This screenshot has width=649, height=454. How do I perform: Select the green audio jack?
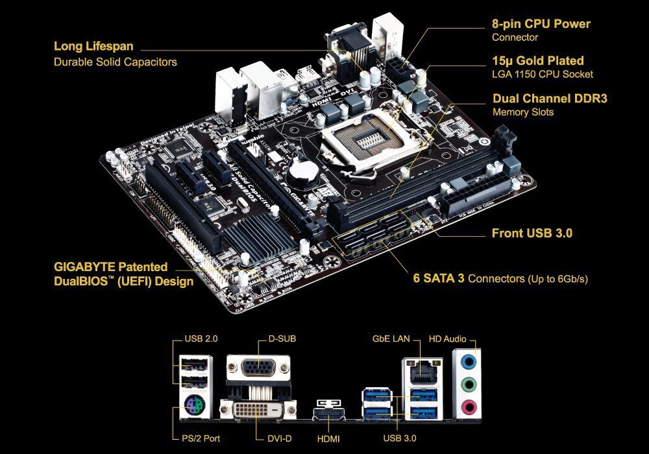coord(469,385)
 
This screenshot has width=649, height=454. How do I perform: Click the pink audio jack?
coord(469,407)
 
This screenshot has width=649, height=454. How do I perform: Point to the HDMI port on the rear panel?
coord(328,414)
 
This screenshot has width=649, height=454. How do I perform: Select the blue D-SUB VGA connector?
coord(259,367)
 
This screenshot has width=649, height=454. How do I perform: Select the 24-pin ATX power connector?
coord(476,195)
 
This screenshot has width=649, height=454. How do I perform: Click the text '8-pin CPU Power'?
coord(541,23)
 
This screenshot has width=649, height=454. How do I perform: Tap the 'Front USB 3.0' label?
coord(532,233)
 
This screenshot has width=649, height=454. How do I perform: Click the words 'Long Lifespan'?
coord(93,46)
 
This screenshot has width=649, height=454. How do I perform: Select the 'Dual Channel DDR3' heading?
coord(550,99)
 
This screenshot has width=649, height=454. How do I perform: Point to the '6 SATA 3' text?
coord(439,278)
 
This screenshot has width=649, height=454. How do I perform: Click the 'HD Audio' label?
coord(447,339)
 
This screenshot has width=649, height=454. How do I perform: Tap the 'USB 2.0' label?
coord(201,339)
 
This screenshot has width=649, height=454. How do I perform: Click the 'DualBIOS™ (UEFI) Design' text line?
coord(124,281)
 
